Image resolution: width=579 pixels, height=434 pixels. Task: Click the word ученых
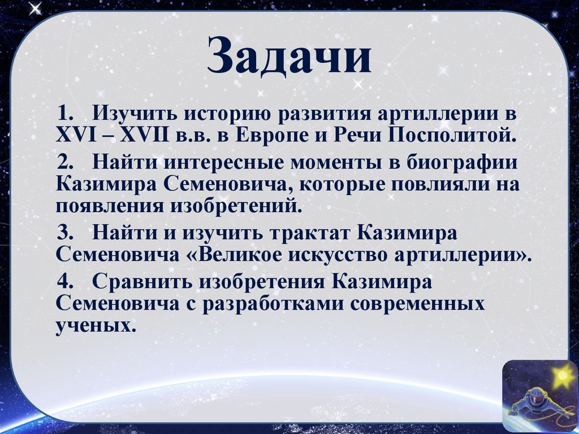coord(96,325)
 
